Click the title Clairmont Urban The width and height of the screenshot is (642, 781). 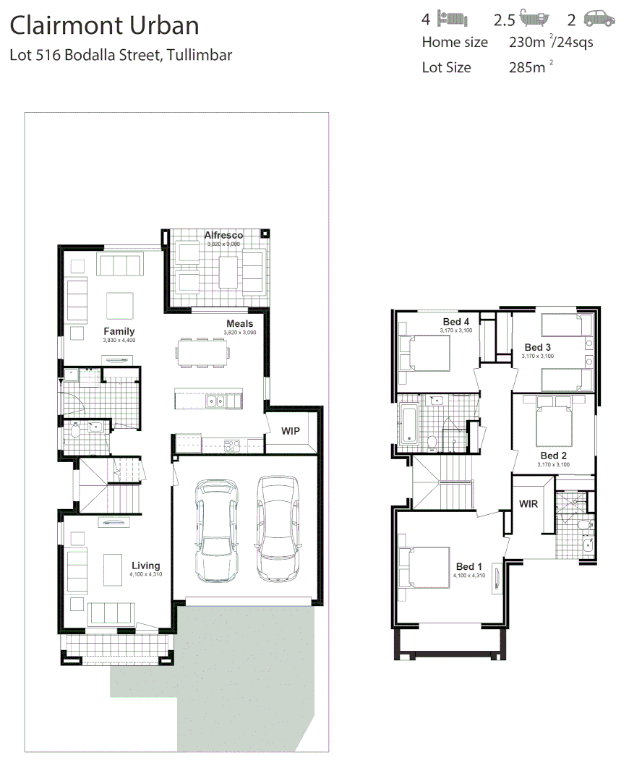pos(104,26)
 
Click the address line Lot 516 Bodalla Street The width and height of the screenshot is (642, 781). pos(121,55)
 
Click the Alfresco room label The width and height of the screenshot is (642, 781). pos(223,236)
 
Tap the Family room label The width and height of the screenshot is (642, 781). pos(119,332)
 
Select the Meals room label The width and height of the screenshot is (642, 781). pos(239,324)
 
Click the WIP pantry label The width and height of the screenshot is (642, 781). pos(291,431)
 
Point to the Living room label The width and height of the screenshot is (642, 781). pos(145,566)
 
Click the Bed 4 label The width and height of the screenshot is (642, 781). pos(456,322)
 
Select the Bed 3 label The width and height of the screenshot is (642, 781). pos(537,348)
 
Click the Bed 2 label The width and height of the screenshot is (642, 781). pos(554,456)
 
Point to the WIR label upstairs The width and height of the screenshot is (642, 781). pos(528,504)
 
